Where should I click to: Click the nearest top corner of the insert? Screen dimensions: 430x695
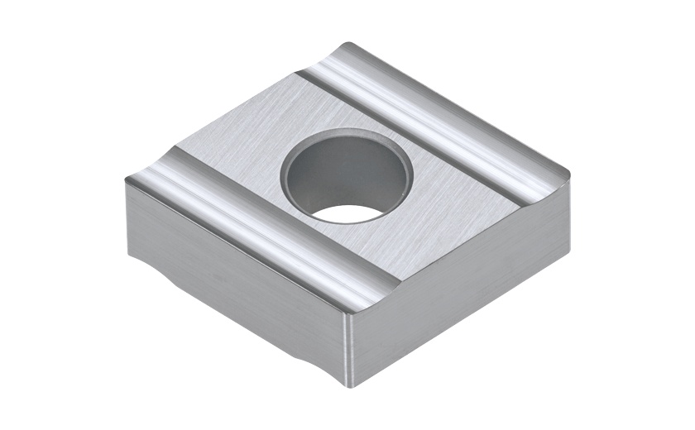[352, 310]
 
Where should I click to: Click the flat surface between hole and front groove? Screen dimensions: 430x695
[331, 240]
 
